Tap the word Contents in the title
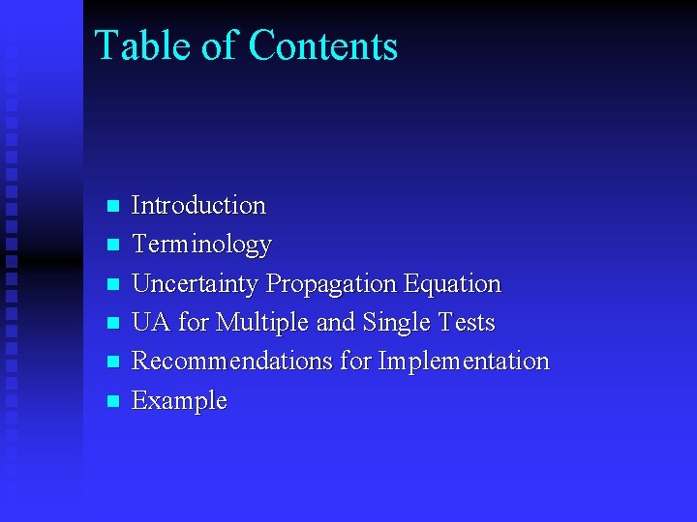(x=322, y=45)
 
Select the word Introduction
(x=198, y=205)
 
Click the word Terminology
(x=201, y=245)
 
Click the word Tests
(x=468, y=322)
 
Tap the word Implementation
(x=464, y=361)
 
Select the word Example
(x=179, y=400)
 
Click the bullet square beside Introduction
(x=112, y=206)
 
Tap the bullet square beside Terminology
(x=112, y=245)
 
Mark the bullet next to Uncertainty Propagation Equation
(x=112, y=284)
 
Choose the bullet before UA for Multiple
(x=112, y=323)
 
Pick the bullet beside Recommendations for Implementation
(x=112, y=362)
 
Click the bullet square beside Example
(x=112, y=400)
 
